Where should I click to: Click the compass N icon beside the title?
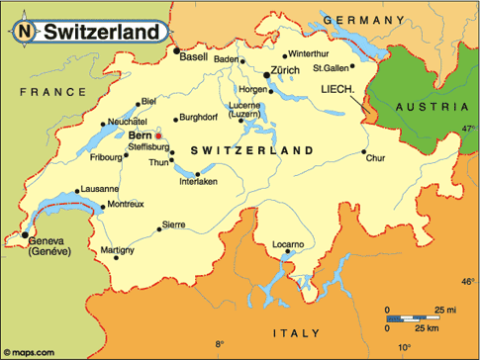click(22, 33)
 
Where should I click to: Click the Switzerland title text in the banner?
click(101, 33)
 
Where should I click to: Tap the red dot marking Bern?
click(158, 135)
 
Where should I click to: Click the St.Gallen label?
click(332, 68)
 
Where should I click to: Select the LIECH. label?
click(338, 88)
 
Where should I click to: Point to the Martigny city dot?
click(116, 258)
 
